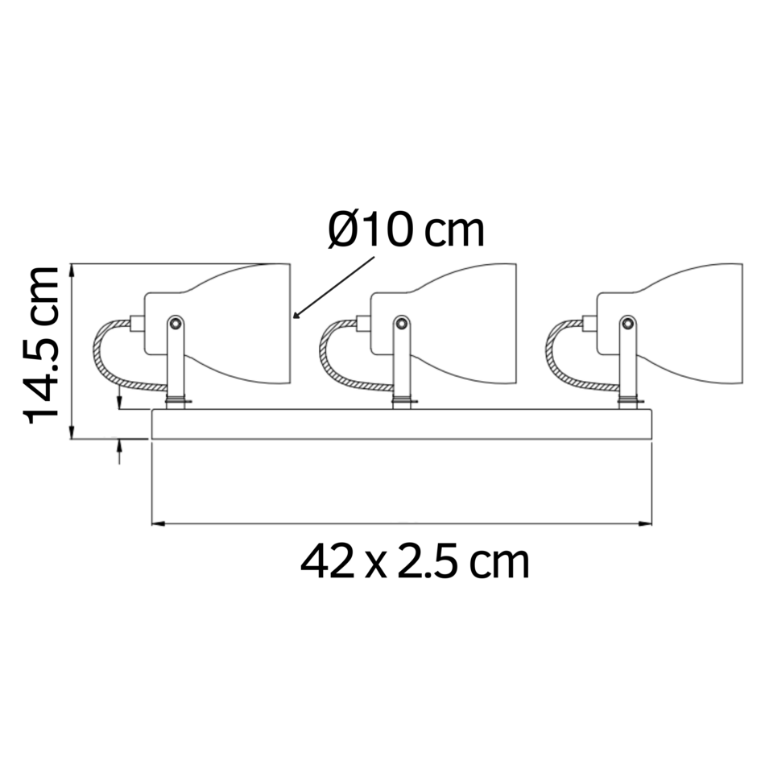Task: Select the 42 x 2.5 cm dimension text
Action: [415, 561]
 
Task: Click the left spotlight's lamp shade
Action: [242, 322]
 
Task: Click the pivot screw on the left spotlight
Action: [174, 324]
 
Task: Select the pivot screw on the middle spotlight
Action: [399, 324]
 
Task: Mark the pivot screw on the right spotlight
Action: [626, 324]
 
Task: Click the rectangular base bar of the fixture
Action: [401, 424]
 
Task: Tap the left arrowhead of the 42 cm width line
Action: [158, 524]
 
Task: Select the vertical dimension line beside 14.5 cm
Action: [73, 351]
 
